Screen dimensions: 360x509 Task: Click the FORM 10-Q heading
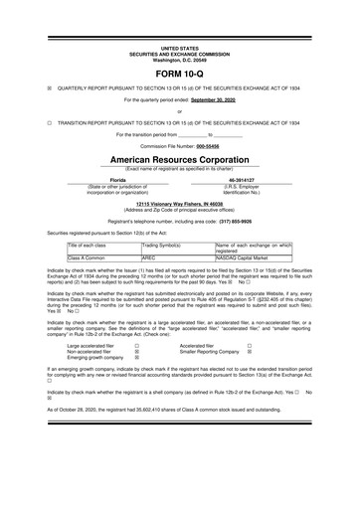[x=180, y=75]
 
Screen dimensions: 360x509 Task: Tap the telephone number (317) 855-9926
[x=243, y=221]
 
